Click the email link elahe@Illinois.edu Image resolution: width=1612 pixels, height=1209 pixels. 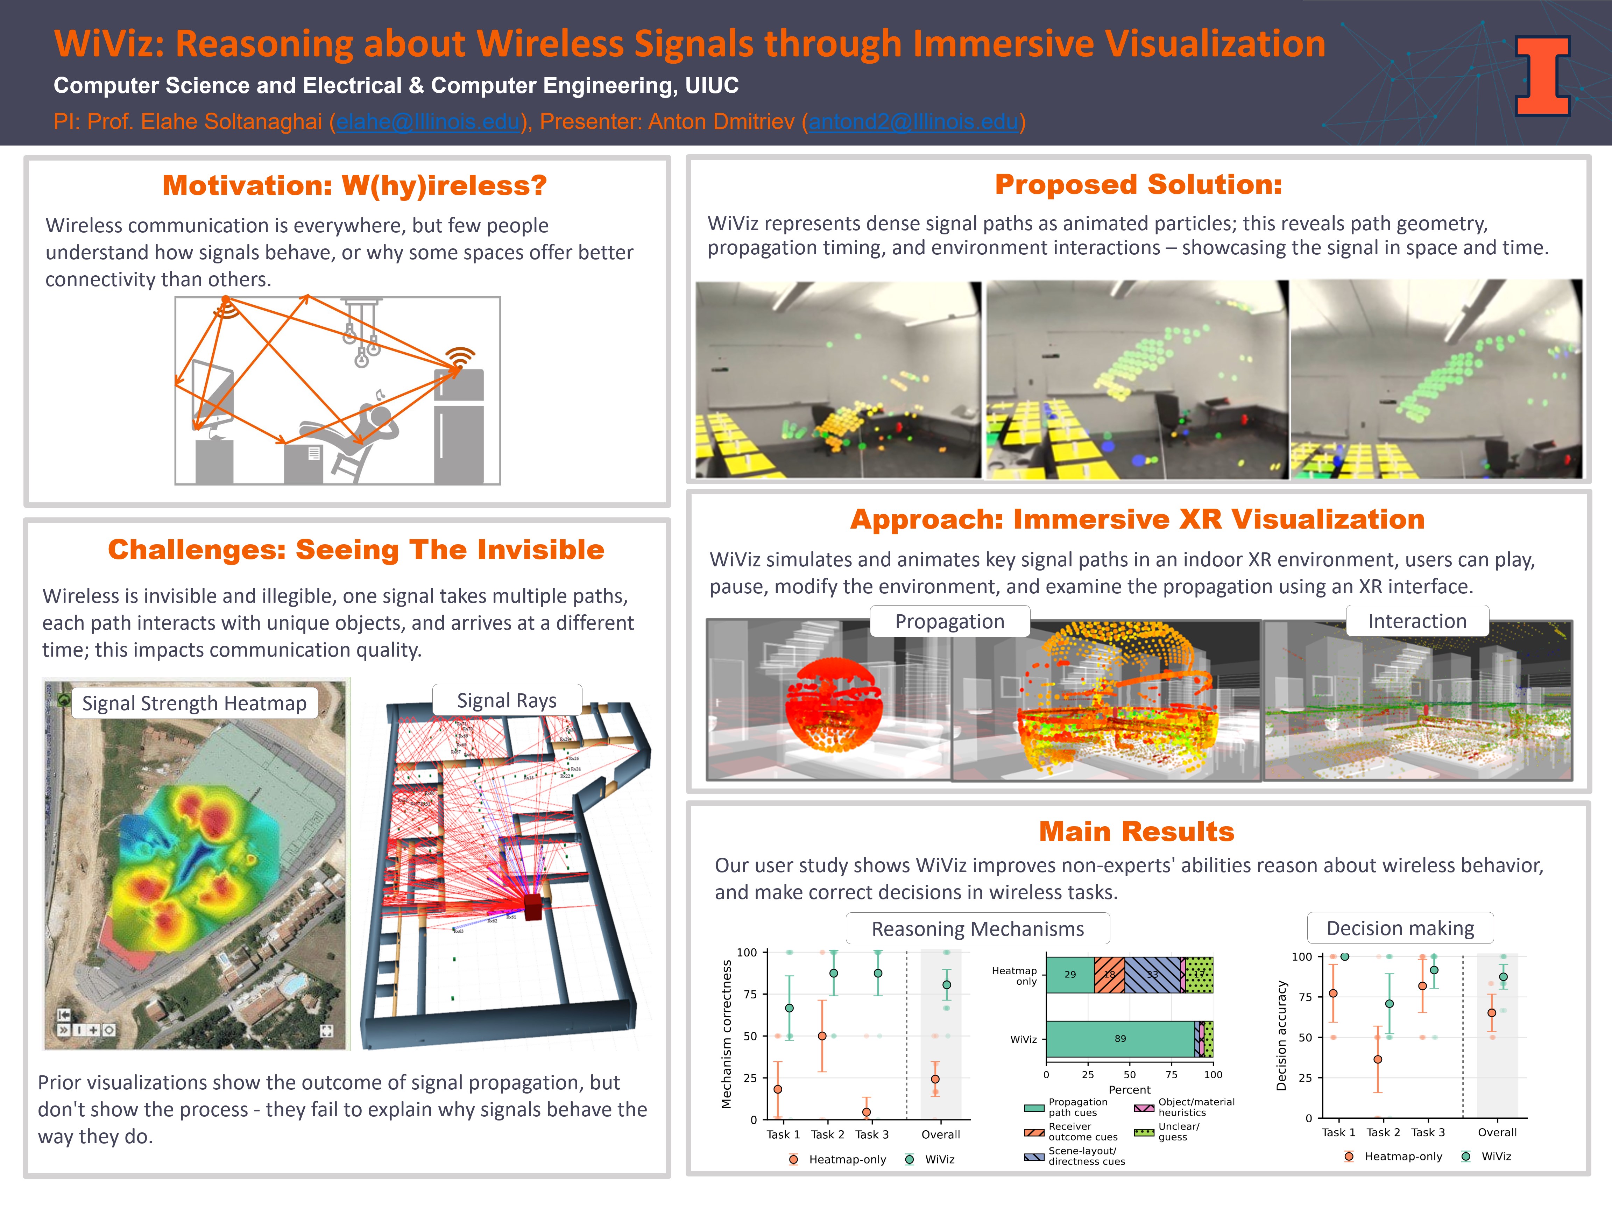[429, 122]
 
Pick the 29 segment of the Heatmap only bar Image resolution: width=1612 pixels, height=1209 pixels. [1070, 974]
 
